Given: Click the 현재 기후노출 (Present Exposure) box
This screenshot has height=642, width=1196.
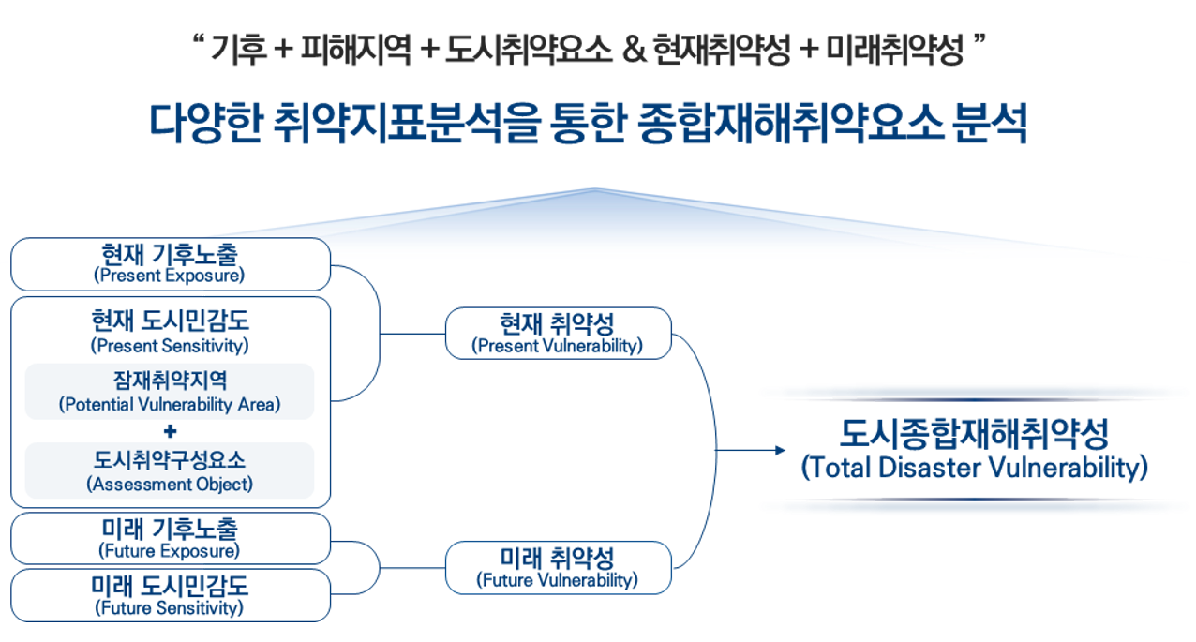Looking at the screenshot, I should tap(170, 263).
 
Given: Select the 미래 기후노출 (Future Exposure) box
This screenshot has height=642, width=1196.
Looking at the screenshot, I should tap(170, 538).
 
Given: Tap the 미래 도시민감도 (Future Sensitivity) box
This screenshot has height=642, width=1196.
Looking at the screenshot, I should tap(170, 595).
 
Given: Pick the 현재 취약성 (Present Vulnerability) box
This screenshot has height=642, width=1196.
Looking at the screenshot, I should tap(558, 333).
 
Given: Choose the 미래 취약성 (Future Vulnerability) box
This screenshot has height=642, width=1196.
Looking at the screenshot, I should tap(558, 568).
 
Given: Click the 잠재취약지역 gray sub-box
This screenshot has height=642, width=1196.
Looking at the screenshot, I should tap(170, 391).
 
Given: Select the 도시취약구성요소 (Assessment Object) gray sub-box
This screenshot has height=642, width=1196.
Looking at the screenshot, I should tap(170, 470).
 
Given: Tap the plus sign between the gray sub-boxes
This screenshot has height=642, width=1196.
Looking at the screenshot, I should tap(170, 431).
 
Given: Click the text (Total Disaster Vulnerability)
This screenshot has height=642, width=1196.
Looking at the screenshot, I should tap(975, 469).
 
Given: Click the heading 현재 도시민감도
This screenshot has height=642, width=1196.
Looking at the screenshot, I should tap(170, 321).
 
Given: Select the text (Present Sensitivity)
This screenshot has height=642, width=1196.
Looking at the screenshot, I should tap(170, 346).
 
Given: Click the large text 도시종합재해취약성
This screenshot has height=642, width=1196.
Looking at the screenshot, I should tap(975, 435).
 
